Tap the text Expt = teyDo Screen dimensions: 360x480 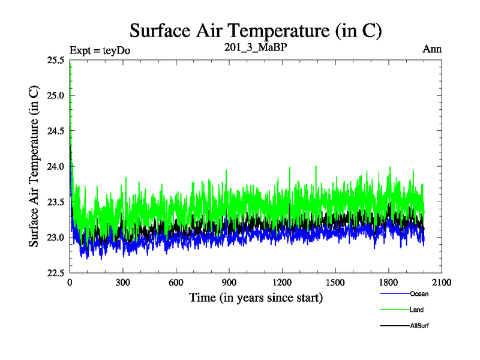tap(100, 50)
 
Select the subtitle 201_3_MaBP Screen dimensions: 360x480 tap(256, 49)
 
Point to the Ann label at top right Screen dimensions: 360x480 tap(432, 49)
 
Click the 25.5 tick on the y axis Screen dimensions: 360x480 tap(56, 60)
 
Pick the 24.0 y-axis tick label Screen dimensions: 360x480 tap(56, 166)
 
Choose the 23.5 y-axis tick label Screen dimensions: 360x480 tap(56, 202)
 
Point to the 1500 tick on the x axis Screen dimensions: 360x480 tap(335, 283)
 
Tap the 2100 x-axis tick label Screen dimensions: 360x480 tap(441, 283)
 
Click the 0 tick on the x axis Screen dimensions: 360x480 tap(70, 283)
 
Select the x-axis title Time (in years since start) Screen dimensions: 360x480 tap(256, 297)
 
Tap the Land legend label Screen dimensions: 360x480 tap(417, 310)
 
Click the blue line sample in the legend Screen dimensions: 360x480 tap(394, 294)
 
